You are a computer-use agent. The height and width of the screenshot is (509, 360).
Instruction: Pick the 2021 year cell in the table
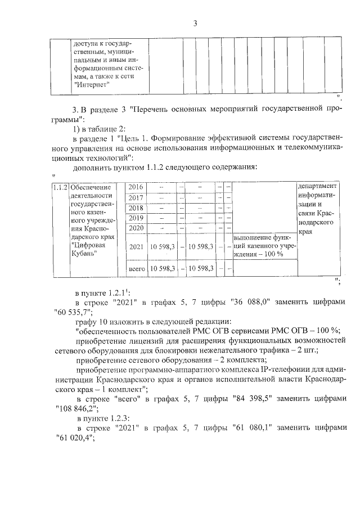[x=136, y=246]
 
